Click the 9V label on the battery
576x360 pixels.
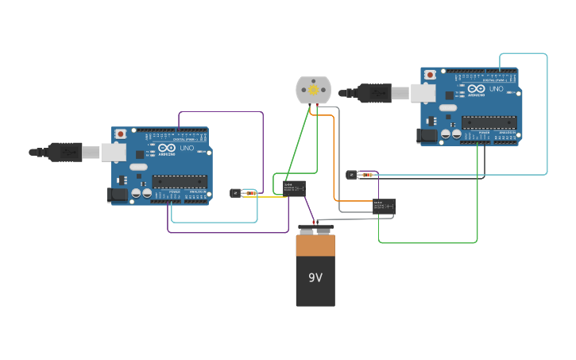[315, 277]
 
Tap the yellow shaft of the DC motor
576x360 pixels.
[313, 91]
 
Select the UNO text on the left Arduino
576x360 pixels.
[187, 149]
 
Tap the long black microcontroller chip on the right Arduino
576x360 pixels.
[489, 122]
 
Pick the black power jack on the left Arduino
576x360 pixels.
[118, 194]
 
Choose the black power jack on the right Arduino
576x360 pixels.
[427, 136]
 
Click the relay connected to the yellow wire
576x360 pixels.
[294, 188]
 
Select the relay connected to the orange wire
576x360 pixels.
[384, 207]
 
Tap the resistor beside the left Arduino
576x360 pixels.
[251, 193]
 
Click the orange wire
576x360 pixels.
[334, 159]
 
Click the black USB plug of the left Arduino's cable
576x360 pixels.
[64, 151]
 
